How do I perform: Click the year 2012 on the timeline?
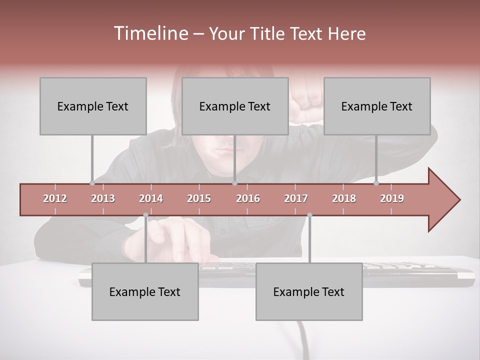[55, 198]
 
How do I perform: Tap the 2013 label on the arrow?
[103, 198]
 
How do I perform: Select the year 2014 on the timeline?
[151, 198]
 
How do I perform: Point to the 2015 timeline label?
[199, 198]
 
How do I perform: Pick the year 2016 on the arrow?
[248, 198]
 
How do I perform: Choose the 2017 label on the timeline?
[296, 198]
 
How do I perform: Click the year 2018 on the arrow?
[344, 198]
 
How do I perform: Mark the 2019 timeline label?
[392, 198]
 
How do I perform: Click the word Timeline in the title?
[150, 33]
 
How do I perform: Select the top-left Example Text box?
[93, 106]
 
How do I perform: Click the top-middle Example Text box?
[235, 106]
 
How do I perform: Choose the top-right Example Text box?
[377, 106]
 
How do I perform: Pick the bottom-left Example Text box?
[145, 291]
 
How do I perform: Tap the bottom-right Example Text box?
[309, 291]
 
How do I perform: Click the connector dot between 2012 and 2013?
[92, 183]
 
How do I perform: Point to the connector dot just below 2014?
[145, 215]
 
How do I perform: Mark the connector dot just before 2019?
[376, 183]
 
